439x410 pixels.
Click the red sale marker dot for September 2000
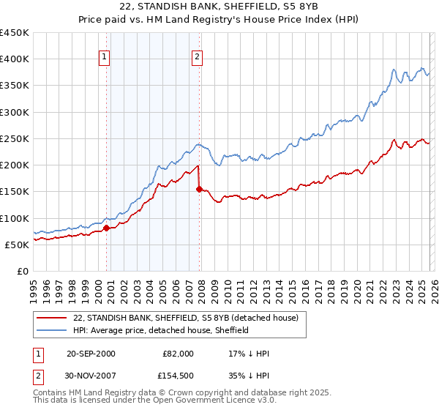tap(106, 228)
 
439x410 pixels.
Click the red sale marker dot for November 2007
tap(199, 189)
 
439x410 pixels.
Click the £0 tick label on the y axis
tap(23, 271)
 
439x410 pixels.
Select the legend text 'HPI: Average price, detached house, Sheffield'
tap(161, 330)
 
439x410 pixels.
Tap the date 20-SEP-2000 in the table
tap(91, 354)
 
